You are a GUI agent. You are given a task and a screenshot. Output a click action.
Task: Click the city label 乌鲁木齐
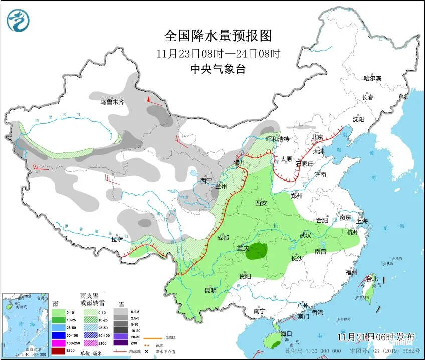coord(112,102)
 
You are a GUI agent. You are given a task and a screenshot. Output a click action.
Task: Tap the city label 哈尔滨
coord(372,78)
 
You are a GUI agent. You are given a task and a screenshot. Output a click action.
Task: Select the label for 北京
coord(316,137)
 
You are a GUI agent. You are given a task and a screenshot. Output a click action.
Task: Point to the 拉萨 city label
coord(117,240)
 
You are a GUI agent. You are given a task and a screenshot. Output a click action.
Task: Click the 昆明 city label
coord(210,290)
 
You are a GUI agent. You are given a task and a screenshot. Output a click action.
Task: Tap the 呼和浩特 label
coord(277,139)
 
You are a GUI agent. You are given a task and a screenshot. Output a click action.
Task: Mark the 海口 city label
coord(286,333)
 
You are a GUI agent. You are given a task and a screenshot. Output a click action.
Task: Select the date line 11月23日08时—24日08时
coord(218,53)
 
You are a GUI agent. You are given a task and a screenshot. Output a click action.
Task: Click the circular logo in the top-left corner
coord(18,21)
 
